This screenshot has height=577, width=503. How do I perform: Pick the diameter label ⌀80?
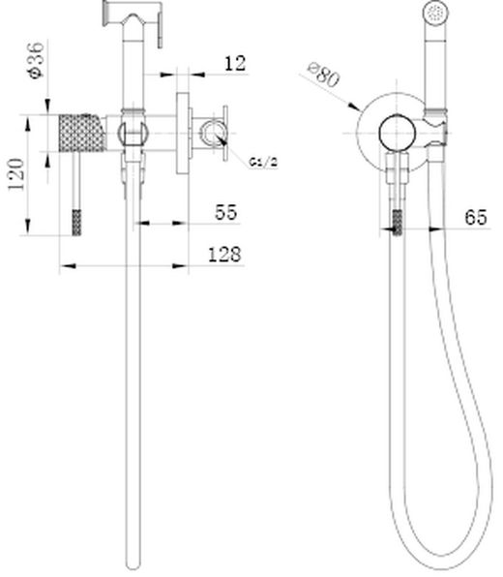tap(324, 76)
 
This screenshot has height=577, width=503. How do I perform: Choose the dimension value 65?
tap(475, 218)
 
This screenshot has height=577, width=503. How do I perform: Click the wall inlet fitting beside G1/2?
tap(206, 134)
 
